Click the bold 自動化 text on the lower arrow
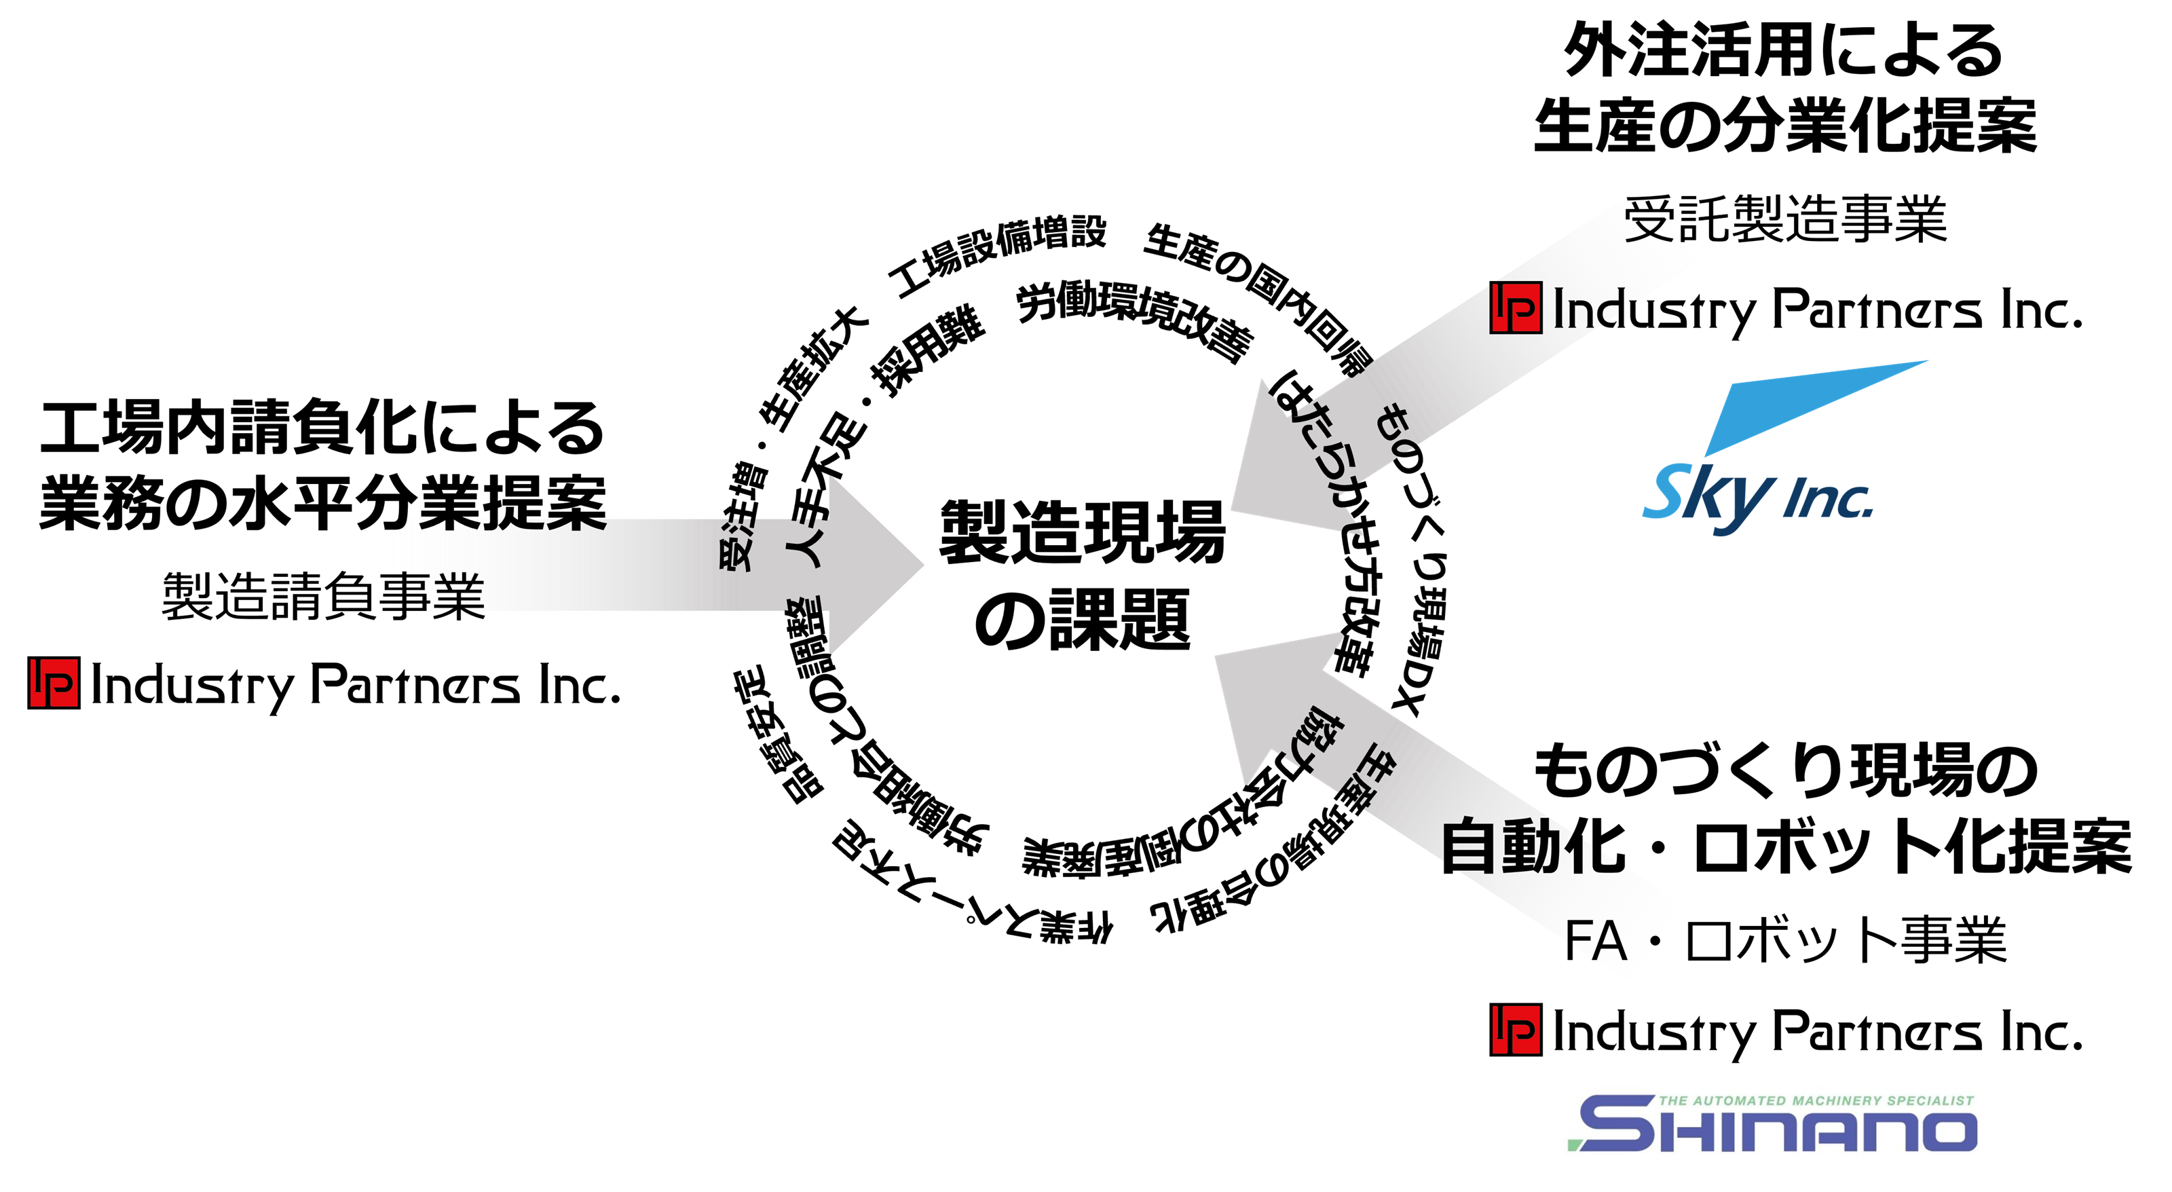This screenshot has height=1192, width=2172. point(1531,846)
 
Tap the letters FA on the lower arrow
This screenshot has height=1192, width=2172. point(1596,941)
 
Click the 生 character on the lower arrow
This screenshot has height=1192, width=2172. point(1377,763)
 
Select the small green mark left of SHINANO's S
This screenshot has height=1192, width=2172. point(1573,1144)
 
